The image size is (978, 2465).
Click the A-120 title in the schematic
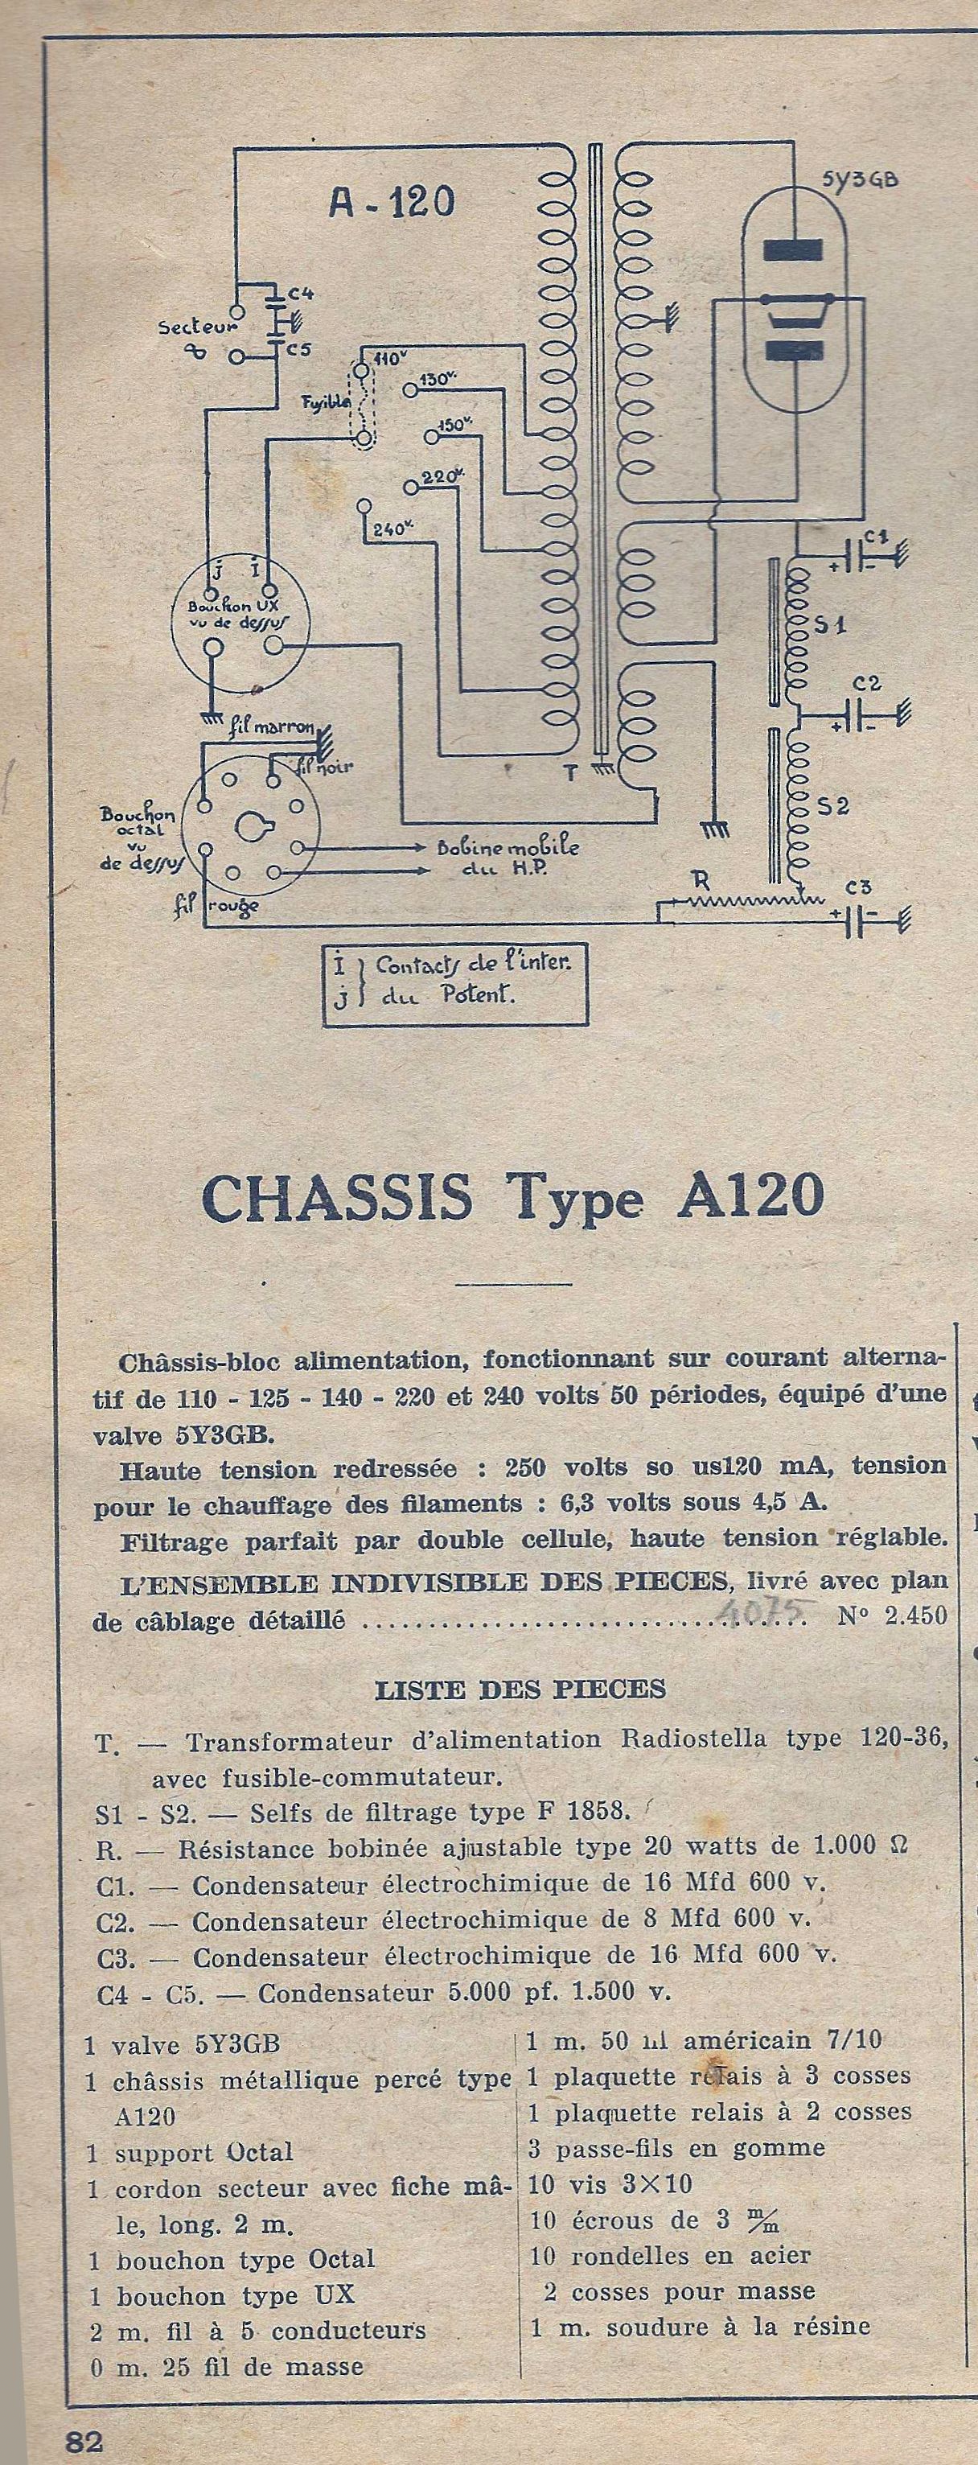click(x=392, y=202)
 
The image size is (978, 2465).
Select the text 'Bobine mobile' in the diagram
click(x=507, y=847)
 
